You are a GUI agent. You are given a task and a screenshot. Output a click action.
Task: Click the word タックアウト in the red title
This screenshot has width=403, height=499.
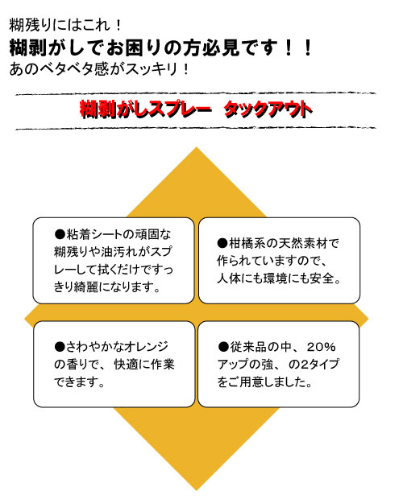point(268,109)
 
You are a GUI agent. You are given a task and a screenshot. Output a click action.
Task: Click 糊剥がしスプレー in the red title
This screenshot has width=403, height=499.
point(145,109)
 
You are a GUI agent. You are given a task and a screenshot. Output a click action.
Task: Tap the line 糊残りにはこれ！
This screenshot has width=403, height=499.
point(65,25)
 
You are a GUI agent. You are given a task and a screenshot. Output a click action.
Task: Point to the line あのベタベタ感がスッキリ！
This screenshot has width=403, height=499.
point(99,68)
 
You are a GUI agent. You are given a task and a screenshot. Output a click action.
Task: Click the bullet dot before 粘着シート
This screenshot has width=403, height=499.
point(60,234)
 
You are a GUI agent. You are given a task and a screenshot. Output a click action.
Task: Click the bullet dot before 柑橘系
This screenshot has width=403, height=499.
point(222,243)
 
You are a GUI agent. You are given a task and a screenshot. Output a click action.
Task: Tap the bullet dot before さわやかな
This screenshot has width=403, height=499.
point(60,347)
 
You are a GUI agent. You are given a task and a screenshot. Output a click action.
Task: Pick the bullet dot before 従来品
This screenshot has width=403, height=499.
point(223,347)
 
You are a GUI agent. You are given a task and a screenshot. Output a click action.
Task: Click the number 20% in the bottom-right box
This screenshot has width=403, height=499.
point(322,347)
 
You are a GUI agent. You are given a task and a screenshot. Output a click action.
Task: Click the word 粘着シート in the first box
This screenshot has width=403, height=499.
point(94,234)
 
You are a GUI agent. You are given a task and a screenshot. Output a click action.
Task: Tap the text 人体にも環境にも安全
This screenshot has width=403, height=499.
point(276,278)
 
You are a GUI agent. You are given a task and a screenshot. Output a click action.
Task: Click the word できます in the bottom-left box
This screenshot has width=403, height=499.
point(76,381)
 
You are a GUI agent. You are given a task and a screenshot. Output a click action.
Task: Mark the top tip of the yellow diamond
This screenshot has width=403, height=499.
point(196,147)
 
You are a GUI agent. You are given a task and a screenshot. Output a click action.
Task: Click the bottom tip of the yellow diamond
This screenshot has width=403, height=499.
point(196,490)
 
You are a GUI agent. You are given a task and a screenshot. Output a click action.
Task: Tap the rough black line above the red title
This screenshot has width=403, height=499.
point(196,94)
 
